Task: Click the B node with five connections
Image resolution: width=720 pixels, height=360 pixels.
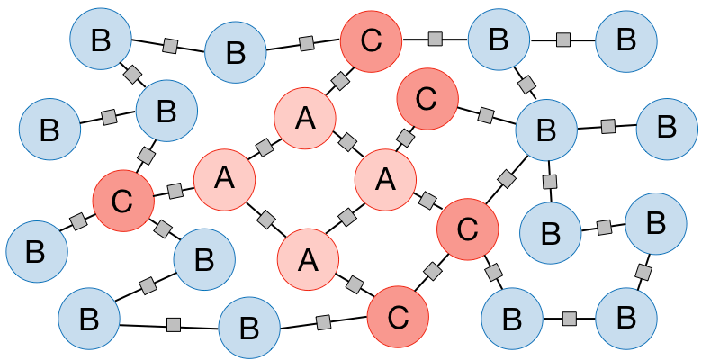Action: (x=545, y=130)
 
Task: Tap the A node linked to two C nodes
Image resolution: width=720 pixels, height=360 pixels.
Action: (x=385, y=179)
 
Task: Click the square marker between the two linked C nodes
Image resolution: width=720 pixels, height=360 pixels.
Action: (x=434, y=270)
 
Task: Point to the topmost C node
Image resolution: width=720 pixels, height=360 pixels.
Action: (x=371, y=39)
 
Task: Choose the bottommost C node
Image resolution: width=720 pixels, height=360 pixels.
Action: (x=398, y=317)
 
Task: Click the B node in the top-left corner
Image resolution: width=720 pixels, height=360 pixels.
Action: (x=101, y=40)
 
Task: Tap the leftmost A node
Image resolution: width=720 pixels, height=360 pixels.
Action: (x=225, y=179)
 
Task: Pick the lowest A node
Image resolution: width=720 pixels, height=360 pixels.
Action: (x=308, y=259)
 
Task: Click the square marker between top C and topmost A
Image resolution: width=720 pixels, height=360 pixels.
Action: (x=340, y=81)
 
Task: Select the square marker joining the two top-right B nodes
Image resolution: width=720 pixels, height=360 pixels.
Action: (x=563, y=40)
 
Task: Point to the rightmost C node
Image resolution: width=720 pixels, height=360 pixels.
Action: (x=466, y=229)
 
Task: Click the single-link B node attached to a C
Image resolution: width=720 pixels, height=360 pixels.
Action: (x=36, y=250)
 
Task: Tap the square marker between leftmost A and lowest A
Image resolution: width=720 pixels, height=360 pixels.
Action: (x=266, y=219)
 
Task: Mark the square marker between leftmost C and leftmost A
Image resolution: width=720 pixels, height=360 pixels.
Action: (x=175, y=191)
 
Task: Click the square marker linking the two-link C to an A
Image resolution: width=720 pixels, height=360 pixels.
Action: (x=406, y=139)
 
